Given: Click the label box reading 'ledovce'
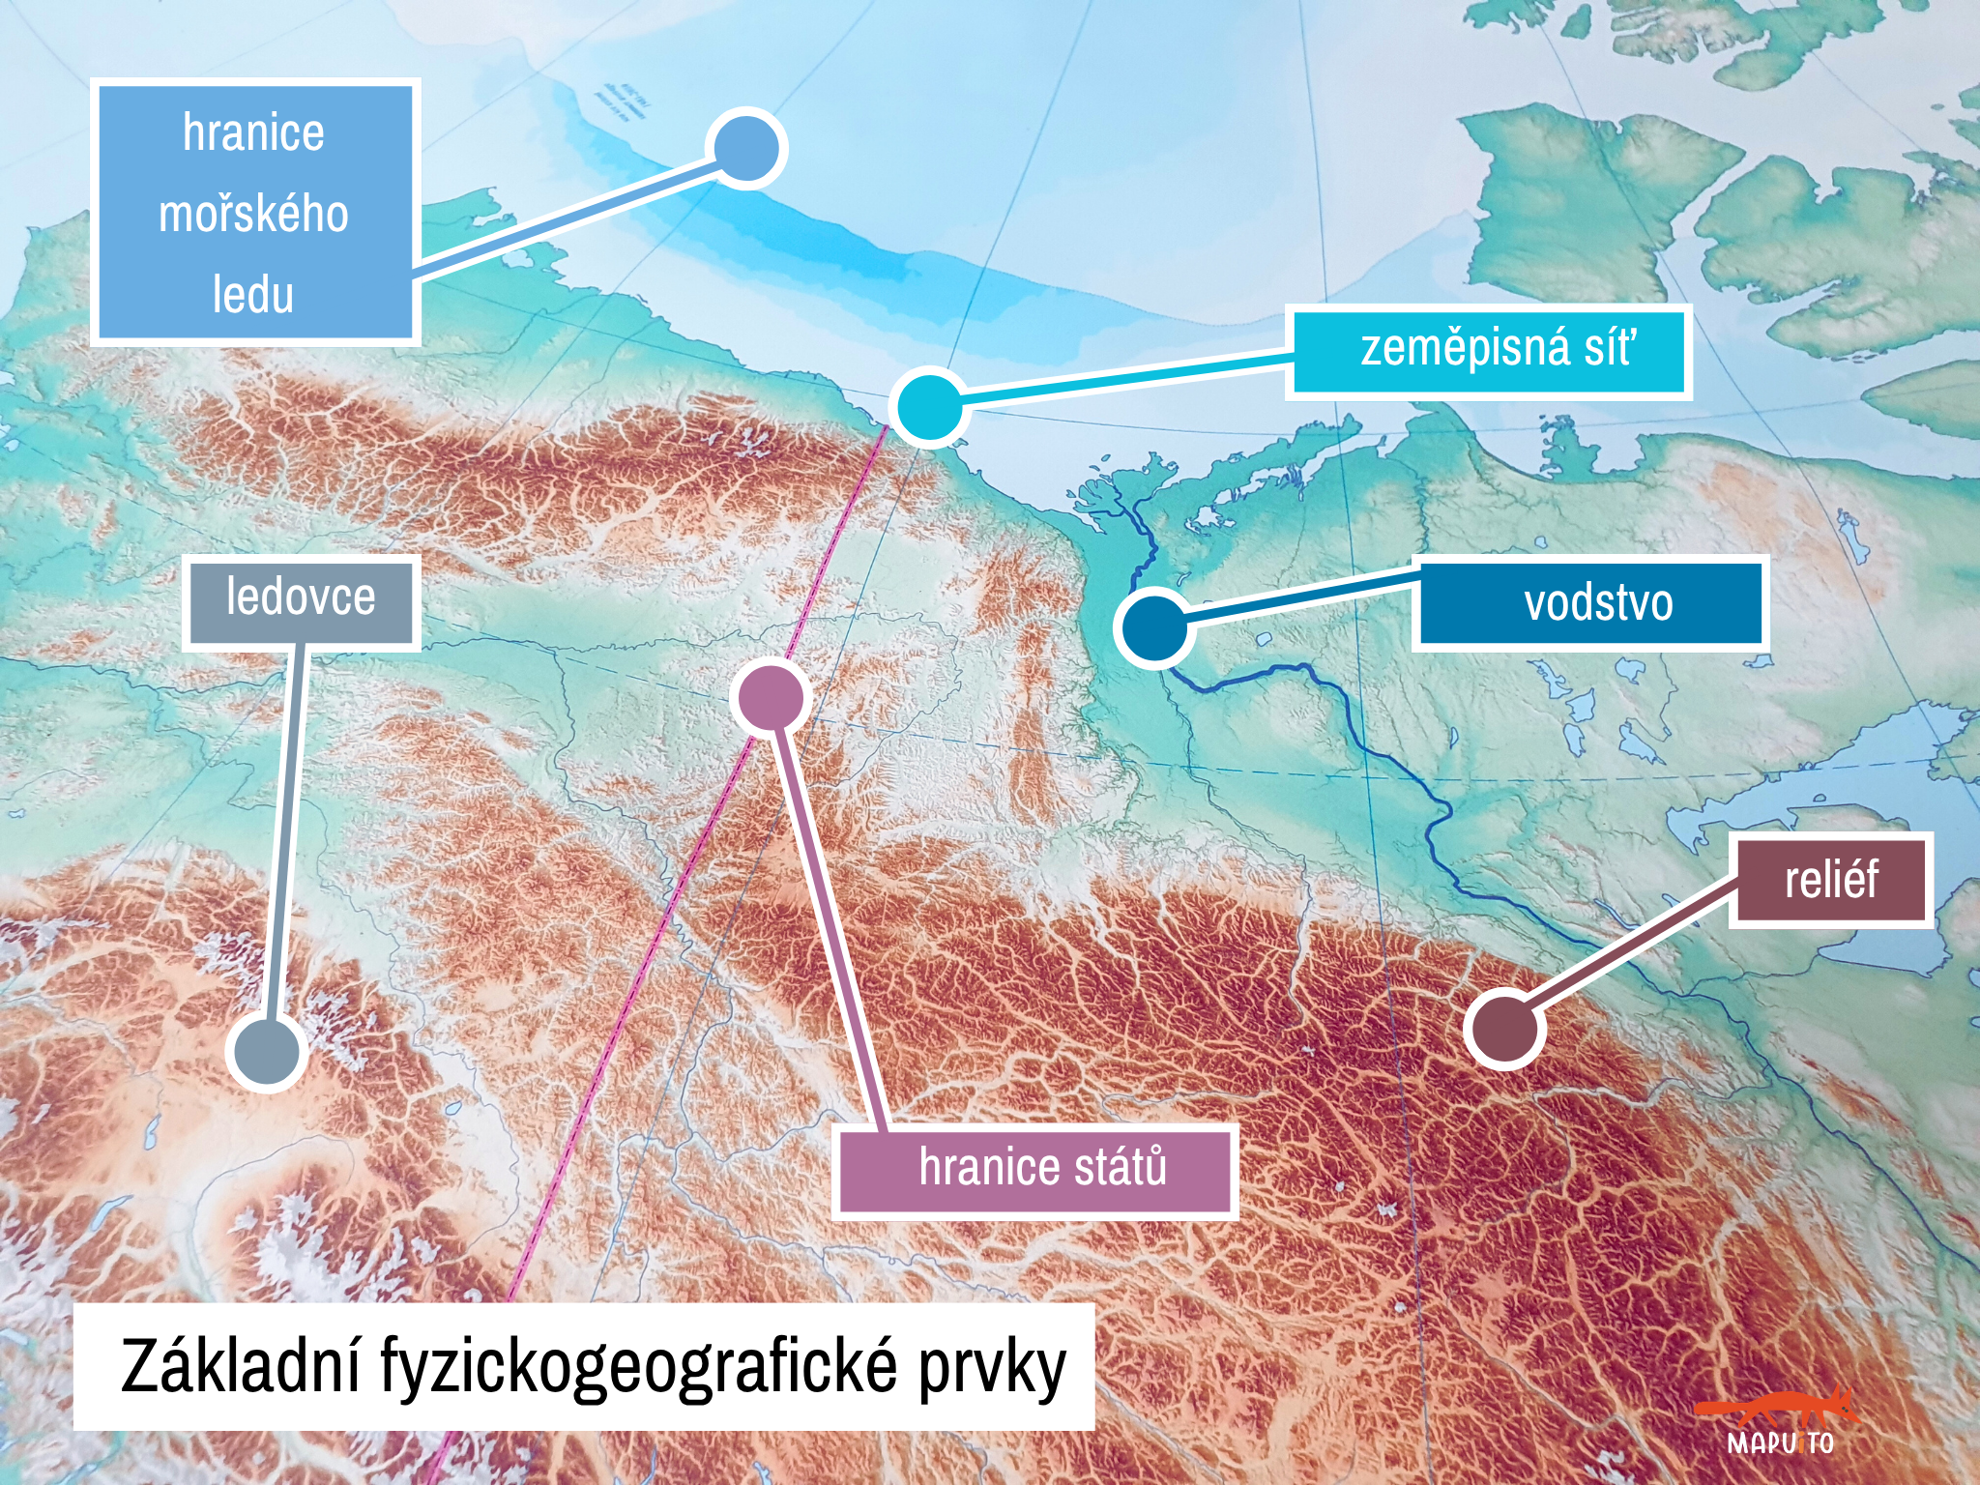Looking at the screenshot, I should (x=301, y=600).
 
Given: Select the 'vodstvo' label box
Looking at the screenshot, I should (x=1590, y=602).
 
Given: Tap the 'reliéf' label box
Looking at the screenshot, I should (x=1831, y=881).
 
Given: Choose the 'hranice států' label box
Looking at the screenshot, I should (x=1036, y=1170).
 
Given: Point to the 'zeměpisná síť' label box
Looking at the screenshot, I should (x=1489, y=351).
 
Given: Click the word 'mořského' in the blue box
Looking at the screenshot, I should (x=253, y=214).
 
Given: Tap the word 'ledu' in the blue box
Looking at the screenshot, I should (x=253, y=294).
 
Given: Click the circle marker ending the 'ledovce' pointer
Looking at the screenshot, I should (x=267, y=1051).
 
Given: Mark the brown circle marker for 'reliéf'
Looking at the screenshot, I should (x=1503, y=1029).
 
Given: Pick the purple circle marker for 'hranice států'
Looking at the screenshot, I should (x=771, y=697).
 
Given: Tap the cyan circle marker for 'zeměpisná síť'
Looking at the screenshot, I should (x=928, y=406).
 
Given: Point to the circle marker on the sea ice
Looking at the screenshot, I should (x=746, y=149).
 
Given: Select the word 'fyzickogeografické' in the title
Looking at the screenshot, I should (x=639, y=1367).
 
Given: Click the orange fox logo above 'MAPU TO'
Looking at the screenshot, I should (x=1779, y=1410).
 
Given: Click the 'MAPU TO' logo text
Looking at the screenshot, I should (x=1780, y=1443).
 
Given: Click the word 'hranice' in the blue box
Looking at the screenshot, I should (x=253, y=132).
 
